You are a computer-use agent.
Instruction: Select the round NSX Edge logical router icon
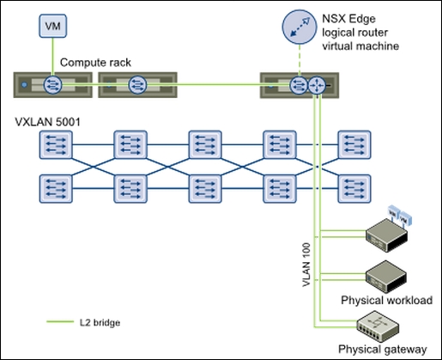point(300,26)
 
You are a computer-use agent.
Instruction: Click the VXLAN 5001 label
point(47,123)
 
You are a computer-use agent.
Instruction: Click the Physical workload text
point(386,300)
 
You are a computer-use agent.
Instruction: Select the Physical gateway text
point(382,349)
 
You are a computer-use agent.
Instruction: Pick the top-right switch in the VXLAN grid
point(353,144)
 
